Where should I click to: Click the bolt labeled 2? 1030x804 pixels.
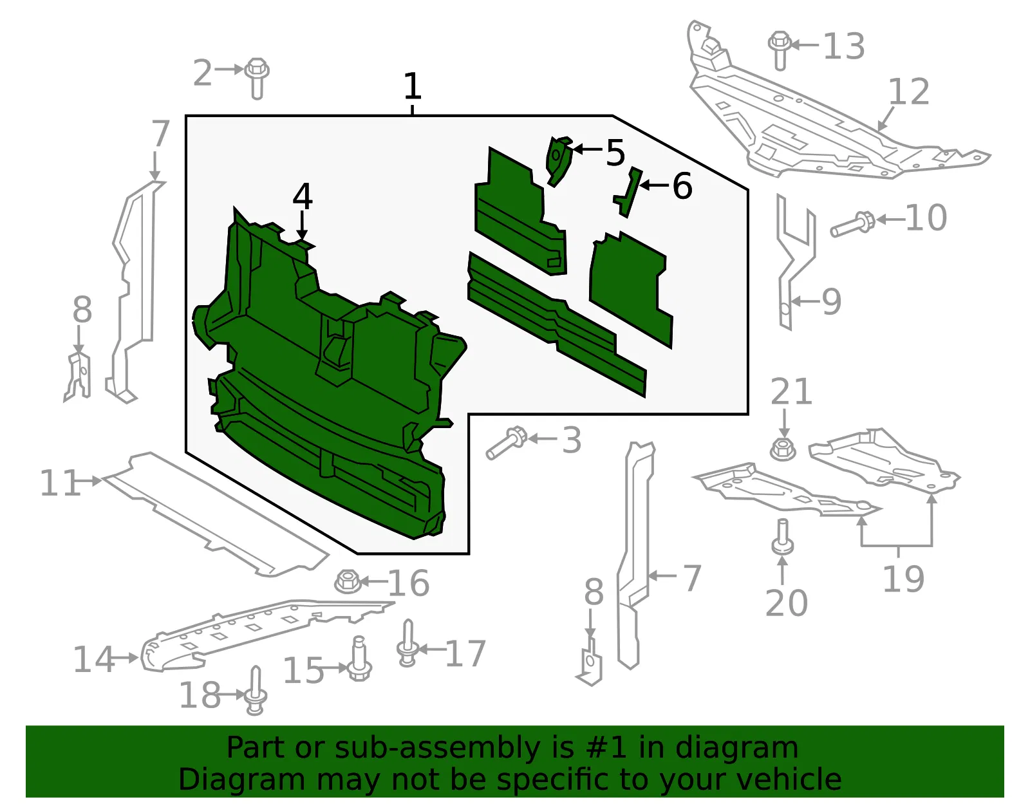point(257,79)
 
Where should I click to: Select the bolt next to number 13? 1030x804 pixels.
point(780,50)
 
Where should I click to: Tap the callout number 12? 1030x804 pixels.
point(908,91)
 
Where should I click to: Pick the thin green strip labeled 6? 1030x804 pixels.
point(628,192)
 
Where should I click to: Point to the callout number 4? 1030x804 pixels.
point(303,197)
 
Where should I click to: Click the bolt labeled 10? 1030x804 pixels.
point(852,224)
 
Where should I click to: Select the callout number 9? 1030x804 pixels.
point(831,302)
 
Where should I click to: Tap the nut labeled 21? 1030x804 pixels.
point(783,449)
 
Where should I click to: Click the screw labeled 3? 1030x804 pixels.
point(506,442)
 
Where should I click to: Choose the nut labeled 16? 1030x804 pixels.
point(348,581)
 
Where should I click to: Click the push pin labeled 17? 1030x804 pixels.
point(407,643)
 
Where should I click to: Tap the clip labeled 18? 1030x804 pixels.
point(256,691)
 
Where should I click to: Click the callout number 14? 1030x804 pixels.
point(93,659)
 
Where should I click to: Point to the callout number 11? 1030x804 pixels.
point(60,483)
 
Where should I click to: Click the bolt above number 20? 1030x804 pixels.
point(783,538)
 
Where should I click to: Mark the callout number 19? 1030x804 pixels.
point(903,579)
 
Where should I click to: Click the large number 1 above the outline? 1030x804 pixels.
point(413,86)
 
